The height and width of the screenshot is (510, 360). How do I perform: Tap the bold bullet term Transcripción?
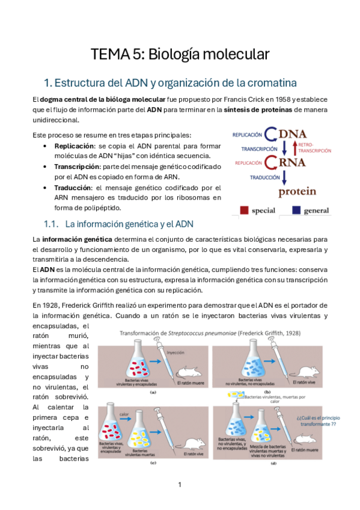point(77,166)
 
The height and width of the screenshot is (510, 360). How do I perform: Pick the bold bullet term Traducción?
point(74,187)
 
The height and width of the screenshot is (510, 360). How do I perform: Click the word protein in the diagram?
point(296,192)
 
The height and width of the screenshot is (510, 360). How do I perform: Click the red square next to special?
point(244,210)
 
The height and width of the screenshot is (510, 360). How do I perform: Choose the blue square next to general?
point(296,210)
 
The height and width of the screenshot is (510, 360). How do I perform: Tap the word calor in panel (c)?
point(124,414)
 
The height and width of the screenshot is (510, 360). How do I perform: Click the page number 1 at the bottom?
point(180,485)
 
